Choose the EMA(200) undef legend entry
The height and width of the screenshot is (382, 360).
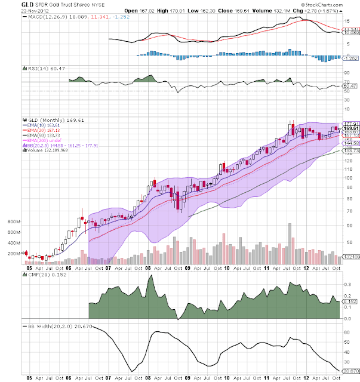(41, 140)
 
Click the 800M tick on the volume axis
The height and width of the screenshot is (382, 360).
(13, 221)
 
